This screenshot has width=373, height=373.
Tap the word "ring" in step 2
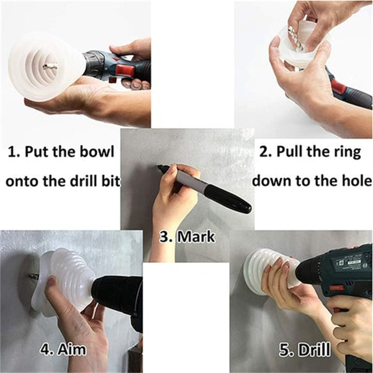(345, 152)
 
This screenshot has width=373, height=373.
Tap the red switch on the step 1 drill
(125, 70)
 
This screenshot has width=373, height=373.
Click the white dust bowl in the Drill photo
(261, 270)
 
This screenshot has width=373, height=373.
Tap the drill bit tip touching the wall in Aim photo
(33, 276)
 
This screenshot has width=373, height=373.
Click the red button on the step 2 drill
(338, 87)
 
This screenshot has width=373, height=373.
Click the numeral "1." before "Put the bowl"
(13, 153)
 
